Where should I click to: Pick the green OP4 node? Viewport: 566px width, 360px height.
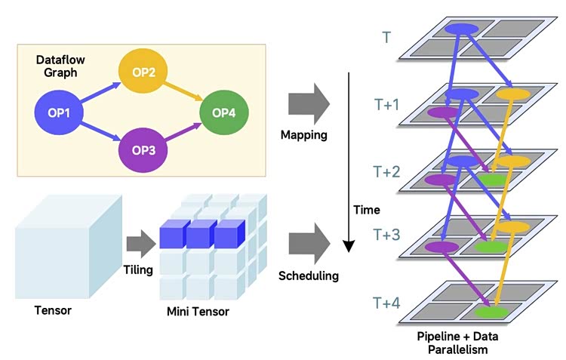[x=223, y=112]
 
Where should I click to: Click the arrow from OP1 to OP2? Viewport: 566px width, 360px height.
[x=99, y=91]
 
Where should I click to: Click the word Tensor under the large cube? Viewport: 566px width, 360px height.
[x=53, y=310]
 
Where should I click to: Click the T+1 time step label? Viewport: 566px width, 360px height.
[x=386, y=105]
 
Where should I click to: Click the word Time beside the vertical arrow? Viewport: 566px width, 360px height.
[x=367, y=210]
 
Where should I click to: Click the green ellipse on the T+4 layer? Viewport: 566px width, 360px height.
[x=491, y=311]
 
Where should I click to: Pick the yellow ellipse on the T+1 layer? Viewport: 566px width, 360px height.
[x=513, y=95]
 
